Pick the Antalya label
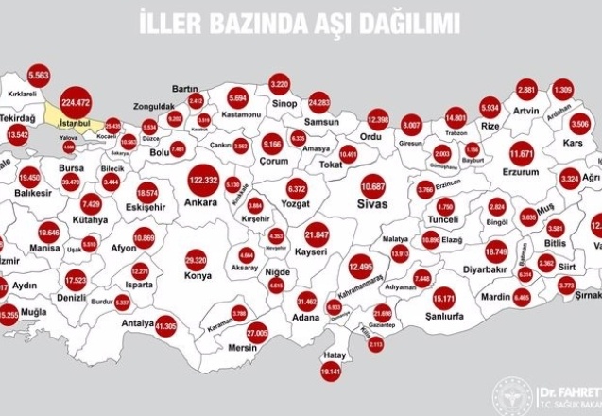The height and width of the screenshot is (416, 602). coord(138,322)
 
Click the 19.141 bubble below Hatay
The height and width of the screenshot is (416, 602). coord(330,373)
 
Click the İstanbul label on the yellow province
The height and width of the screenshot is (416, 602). coord(74,123)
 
